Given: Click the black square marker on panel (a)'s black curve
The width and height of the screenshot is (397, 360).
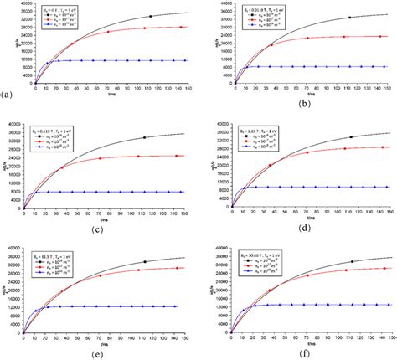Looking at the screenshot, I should (151, 16).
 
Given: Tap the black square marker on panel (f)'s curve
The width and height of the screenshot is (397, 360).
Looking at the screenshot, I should (351, 261).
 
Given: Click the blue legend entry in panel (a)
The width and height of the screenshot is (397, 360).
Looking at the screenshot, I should (62, 25).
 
